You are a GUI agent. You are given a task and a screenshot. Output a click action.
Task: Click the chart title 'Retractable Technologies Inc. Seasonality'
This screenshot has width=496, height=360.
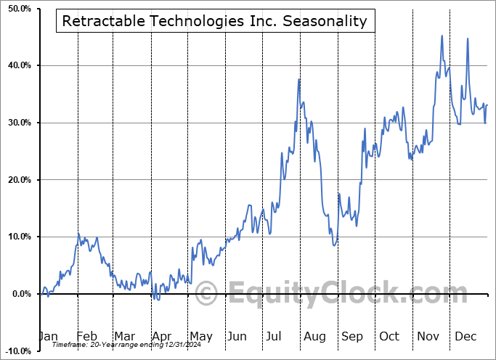[215, 21]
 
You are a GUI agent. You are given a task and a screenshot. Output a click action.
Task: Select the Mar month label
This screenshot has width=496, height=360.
[124, 336]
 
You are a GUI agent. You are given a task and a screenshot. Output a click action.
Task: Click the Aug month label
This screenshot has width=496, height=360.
[314, 336]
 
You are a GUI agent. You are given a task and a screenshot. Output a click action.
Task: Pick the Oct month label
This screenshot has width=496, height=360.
[389, 336]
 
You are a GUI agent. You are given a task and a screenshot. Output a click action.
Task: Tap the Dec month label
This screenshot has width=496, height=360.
[465, 336]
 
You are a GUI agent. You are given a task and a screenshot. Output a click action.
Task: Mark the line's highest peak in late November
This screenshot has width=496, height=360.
[442, 36]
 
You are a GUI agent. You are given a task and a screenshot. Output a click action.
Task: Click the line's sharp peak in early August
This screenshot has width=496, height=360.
[299, 78]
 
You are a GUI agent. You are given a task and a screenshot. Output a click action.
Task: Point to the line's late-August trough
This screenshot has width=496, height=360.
[333, 245]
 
